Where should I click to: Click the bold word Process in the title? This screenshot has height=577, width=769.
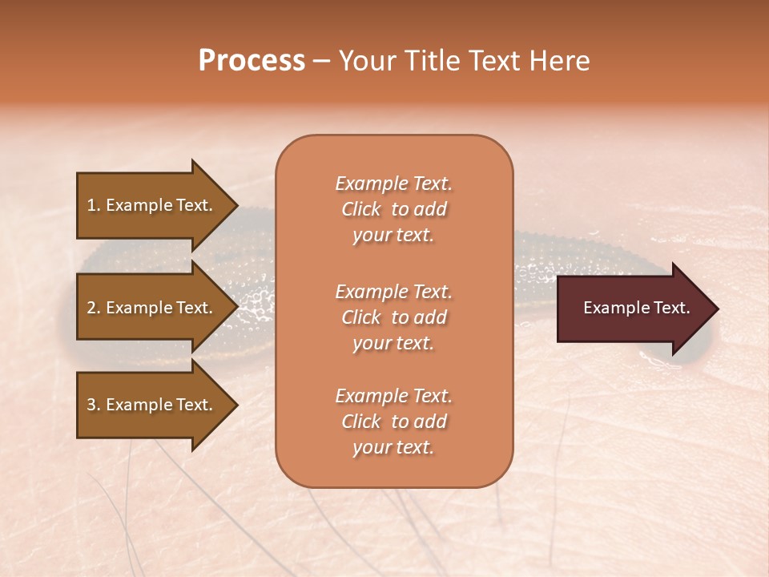point(252,61)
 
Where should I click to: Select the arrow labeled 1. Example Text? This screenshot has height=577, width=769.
point(152,205)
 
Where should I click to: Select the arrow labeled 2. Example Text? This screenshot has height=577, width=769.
point(152,308)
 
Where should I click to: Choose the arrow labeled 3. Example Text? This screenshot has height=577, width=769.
point(152,405)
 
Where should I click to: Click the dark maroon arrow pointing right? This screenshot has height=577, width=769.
point(633,309)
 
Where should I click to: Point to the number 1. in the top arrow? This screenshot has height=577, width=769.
point(94,205)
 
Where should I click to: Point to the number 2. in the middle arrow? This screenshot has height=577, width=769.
point(94,308)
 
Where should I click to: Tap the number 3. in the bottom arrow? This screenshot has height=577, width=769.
point(94,405)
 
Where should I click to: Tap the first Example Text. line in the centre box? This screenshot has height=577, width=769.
point(393,184)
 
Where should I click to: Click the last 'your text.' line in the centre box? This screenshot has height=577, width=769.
point(393,447)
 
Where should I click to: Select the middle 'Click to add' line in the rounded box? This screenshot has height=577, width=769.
point(393,317)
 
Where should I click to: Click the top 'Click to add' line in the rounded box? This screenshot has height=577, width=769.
point(393,209)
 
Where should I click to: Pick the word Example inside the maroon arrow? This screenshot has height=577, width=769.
point(614,308)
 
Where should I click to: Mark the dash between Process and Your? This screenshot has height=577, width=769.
point(321,62)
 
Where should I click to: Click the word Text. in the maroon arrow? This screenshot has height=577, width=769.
point(670,308)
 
